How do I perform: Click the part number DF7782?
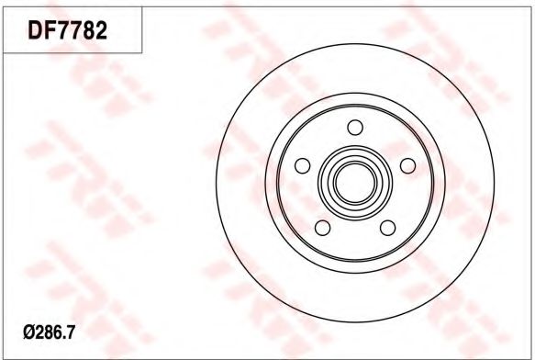(x=68, y=30)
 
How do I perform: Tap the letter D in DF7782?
(x=35, y=30)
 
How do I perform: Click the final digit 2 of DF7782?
(x=101, y=30)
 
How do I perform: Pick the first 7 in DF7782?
(x=61, y=30)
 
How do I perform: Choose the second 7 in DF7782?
(x=73, y=30)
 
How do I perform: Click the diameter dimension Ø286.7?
(x=49, y=332)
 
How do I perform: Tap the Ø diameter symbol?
(x=28, y=332)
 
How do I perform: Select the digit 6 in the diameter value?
(x=56, y=332)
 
